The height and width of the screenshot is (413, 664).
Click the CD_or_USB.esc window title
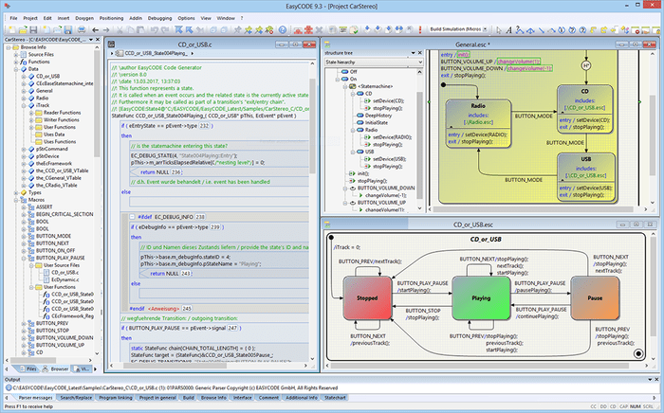pyautogui.click(x=485, y=224)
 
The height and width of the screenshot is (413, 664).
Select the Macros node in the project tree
pyautogui.click(x=36, y=200)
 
